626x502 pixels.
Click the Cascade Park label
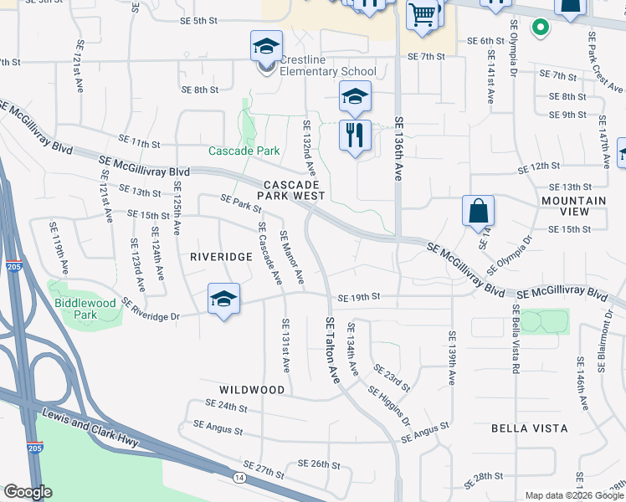[x=233, y=151]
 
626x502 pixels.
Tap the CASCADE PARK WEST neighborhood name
[x=290, y=189]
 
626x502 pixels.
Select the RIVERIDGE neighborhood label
[x=221, y=256]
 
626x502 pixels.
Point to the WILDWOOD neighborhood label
[x=252, y=390]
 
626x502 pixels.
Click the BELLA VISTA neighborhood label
[x=529, y=428]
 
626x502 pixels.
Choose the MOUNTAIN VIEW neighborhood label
[x=573, y=206]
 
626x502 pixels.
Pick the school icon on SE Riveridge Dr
[x=223, y=300]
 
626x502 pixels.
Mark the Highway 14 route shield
[x=239, y=476]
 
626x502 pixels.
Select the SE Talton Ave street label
[x=334, y=351]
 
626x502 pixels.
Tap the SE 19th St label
[x=359, y=297]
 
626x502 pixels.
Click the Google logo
[x=28, y=492]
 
